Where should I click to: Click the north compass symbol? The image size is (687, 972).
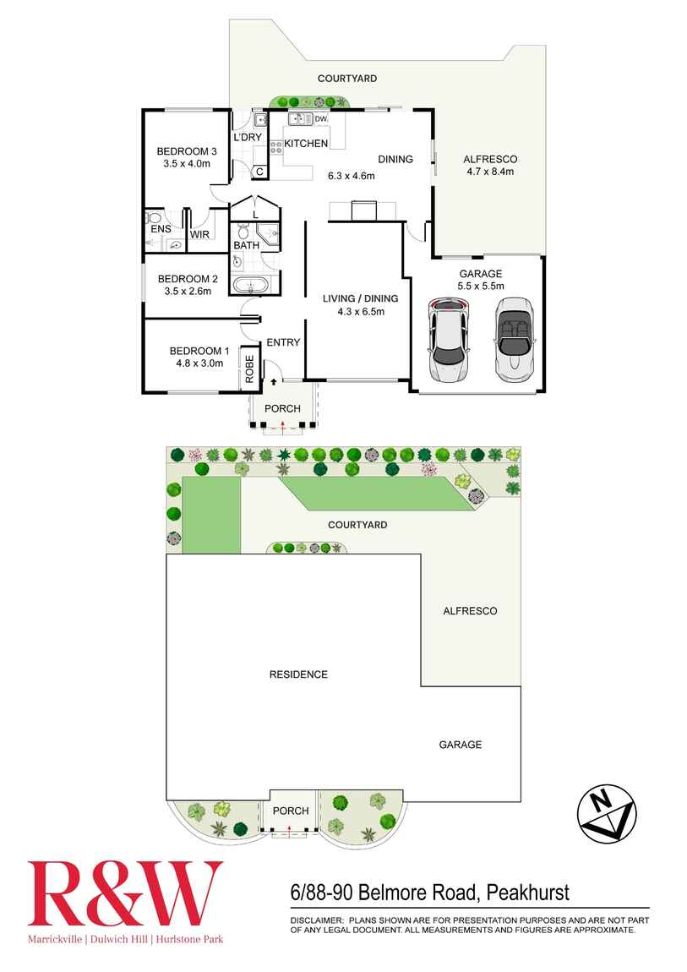(x=607, y=813)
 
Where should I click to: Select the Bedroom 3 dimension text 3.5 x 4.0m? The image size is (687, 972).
(x=187, y=164)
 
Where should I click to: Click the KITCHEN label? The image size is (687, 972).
(x=306, y=143)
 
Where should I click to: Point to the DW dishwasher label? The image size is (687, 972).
(x=320, y=119)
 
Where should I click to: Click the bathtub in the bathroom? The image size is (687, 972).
(x=251, y=286)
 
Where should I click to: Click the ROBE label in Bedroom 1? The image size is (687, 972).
(x=249, y=369)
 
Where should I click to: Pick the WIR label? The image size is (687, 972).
(x=199, y=234)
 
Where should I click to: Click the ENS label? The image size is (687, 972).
(x=161, y=229)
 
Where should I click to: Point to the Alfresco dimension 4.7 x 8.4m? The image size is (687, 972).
(x=490, y=172)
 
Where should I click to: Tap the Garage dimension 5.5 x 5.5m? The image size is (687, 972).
(x=481, y=286)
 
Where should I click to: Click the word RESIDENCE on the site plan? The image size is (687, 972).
(x=298, y=674)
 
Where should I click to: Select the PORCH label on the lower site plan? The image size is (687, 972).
(x=291, y=811)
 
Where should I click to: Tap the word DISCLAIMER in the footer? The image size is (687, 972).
(x=317, y=920)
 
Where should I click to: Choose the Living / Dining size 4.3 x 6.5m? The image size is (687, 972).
(x=361, y=312)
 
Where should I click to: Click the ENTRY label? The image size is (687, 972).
(x=283, y=342)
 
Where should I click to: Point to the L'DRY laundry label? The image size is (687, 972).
(x=248, y=137)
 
